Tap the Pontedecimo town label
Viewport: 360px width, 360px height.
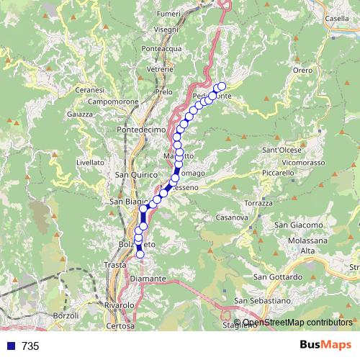click(141, 130)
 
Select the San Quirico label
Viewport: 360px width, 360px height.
click(132, 174)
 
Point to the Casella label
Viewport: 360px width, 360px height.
click(336, 19)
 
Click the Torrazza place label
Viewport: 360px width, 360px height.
click(258, 204)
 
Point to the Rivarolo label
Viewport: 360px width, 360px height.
click(119, 305)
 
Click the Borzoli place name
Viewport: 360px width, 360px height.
click(66, 315)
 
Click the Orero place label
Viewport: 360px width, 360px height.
click(302, 71)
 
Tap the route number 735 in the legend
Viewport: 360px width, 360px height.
click(30, 346)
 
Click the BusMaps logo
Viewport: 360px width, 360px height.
click(325, 346)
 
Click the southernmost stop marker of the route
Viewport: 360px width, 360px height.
click(140, 254)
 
